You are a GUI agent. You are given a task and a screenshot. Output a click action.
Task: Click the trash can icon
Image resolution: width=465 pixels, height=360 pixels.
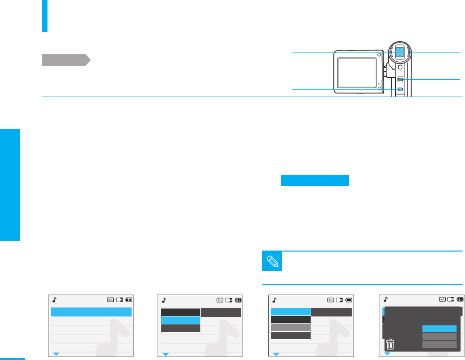click(390, 344)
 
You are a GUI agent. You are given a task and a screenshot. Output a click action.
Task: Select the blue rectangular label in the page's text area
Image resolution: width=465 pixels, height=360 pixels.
click(315, 180)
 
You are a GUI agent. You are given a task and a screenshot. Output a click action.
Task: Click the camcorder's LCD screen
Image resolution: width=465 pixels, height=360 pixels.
click(356, 71)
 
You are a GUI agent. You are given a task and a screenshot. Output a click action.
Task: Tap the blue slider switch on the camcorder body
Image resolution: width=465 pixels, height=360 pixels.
click(400, 80)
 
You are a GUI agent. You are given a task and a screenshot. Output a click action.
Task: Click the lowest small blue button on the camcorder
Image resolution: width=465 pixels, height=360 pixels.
click(400, 89)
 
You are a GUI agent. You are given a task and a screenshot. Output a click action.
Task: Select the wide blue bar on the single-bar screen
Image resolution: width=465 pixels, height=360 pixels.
click(91, 312)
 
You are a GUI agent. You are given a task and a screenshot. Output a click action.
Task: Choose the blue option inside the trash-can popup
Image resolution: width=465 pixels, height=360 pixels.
click(439, 329)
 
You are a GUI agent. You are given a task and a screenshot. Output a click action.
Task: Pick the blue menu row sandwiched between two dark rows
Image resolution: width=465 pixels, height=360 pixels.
click(181, 320)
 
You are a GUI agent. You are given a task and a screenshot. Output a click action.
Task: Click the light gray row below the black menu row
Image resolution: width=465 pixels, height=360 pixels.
click(291, 328)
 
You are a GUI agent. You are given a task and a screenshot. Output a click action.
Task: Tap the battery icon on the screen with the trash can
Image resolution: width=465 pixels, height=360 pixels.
click(461, 299)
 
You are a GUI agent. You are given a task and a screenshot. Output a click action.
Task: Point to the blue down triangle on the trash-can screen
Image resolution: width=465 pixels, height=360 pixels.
click(387, 354)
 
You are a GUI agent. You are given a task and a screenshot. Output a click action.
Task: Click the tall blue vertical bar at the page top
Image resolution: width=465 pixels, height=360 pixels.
click(45, 16)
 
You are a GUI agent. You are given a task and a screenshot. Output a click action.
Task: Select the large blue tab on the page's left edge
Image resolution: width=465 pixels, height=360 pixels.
click(10, 185)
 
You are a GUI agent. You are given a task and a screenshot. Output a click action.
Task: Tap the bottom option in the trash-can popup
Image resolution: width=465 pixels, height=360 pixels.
click(439, 345)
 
